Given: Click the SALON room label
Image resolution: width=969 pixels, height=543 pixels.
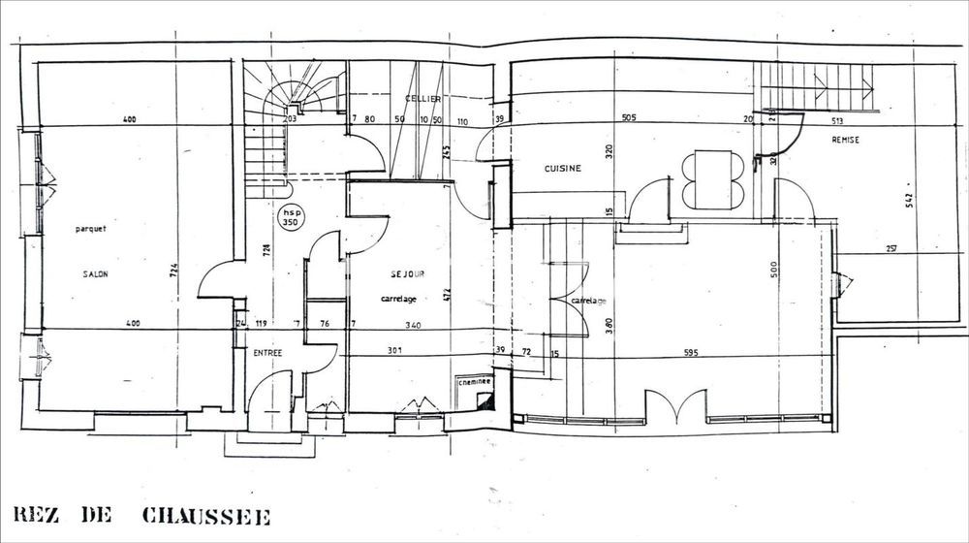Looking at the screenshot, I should click(95, 274).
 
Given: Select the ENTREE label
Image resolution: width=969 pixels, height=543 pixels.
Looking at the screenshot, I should click(267, 353).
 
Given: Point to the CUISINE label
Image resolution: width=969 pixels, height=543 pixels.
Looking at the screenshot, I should click(562, 169).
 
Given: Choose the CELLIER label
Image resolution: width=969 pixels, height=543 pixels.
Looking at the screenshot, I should click(423, 99).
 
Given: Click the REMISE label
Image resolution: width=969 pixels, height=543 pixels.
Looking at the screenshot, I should click(845, 140).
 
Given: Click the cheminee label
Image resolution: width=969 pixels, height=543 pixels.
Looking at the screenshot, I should click(475, 382).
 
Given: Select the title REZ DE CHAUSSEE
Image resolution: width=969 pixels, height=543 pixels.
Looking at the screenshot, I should click(141, 515).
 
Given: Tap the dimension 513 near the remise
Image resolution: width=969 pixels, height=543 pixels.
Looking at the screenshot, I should click(839, 122).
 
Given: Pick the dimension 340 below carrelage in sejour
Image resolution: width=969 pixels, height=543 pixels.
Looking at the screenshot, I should click(413, 324).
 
